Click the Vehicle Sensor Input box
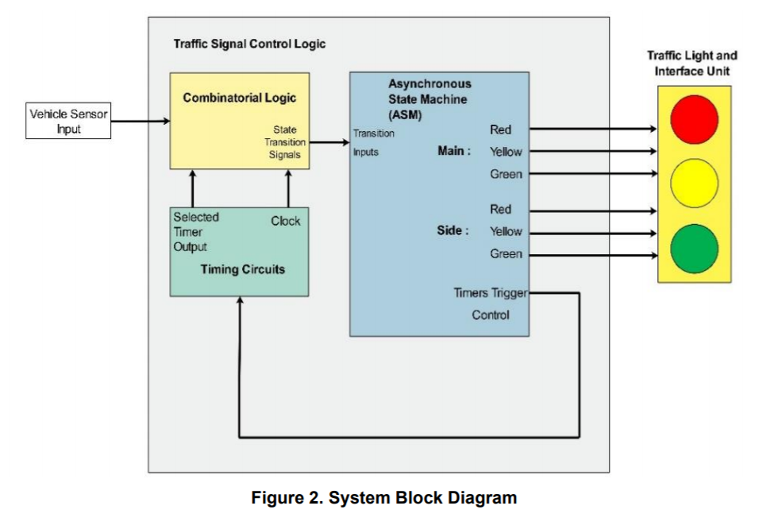68,122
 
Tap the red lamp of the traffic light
694,119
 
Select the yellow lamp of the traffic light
694,183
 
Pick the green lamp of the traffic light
694,248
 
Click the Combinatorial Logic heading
239,98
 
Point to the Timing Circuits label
242,269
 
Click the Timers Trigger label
490,293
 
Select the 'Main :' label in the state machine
454,151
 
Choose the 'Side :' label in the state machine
452,231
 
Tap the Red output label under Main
501,129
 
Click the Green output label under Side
506,254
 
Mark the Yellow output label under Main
506,152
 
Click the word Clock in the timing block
286,221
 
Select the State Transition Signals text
283,142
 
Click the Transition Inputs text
373,142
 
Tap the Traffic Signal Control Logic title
249,44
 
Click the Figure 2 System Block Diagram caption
384,498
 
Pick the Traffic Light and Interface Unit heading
691,64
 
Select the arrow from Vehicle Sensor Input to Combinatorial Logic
140,122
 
